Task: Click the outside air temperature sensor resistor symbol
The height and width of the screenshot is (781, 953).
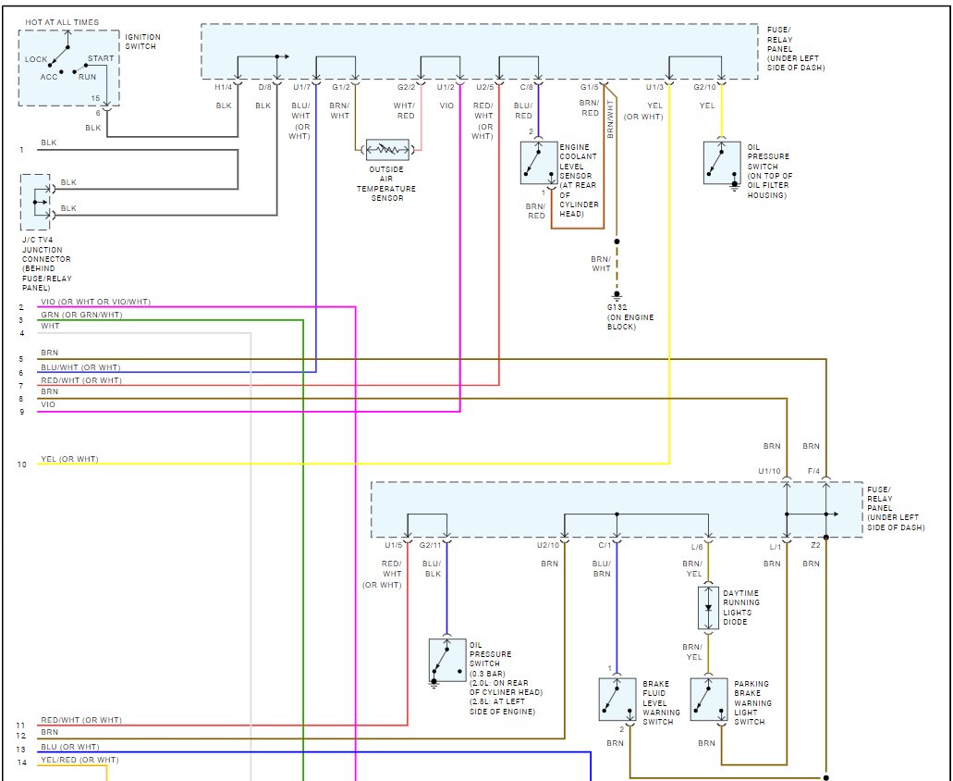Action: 388,149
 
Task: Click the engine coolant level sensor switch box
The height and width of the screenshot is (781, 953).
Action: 539,163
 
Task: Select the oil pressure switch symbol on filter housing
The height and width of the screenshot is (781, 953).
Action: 721,163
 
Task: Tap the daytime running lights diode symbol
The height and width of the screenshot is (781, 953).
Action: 709,607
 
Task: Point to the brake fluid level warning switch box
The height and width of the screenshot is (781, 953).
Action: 617,700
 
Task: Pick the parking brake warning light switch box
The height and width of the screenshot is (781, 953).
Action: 709,700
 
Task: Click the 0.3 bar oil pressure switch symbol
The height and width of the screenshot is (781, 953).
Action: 447,660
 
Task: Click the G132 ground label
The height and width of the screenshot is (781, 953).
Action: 617,307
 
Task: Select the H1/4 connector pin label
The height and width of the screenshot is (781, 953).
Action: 224,87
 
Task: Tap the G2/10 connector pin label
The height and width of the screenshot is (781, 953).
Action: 704,87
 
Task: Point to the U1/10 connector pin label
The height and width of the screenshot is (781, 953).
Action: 769,471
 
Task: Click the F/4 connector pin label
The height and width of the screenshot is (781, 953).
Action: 813,471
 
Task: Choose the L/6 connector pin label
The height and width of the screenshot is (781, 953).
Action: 697,547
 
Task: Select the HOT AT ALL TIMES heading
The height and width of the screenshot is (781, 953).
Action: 62,22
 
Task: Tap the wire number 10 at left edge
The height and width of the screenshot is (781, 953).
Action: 21,464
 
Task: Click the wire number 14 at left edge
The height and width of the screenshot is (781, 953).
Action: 21,762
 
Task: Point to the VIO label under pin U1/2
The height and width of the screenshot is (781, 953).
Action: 446,105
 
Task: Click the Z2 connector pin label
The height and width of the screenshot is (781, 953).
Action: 815,547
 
